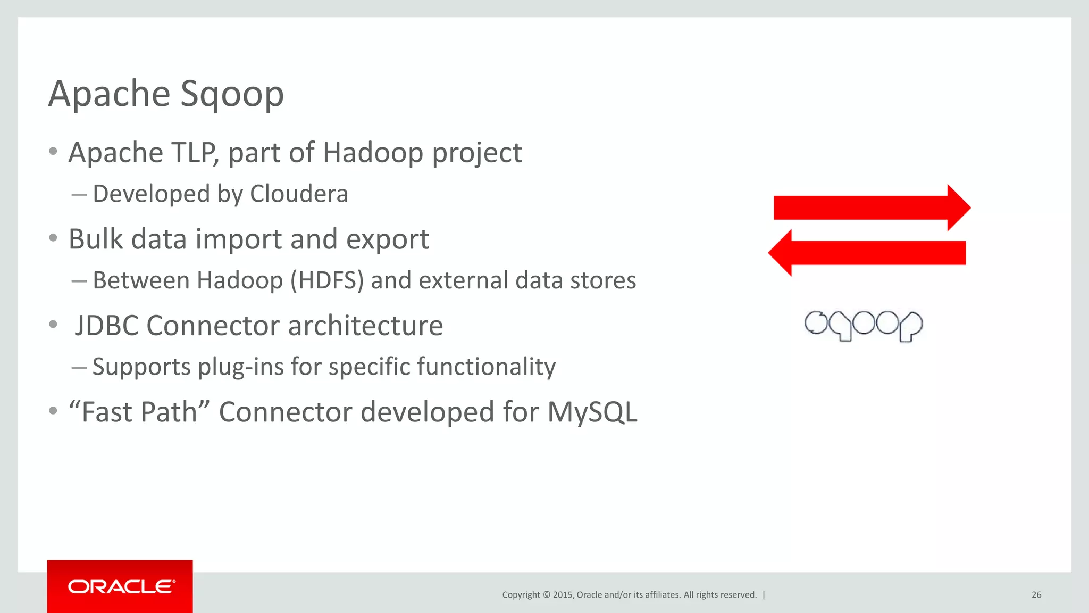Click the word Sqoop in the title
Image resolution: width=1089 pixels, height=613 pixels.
click(232, 95)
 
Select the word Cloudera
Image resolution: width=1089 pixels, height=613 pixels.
click(299, 194)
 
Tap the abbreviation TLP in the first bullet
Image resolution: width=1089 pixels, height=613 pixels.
click(195, 153)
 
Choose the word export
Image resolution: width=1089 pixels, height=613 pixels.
click(387, 240)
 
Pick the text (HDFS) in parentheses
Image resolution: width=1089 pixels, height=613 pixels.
click(327, 280)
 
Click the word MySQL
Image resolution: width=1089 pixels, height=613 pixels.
click(592, 412)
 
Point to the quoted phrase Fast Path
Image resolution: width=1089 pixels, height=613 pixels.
click(140, 412)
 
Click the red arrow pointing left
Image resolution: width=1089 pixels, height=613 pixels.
click(867, 253)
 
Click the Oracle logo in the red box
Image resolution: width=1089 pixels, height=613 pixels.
click(120, 586)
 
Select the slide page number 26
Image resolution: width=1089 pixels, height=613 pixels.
click(1036, 595)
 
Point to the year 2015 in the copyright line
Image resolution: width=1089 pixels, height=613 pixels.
click(563, 595)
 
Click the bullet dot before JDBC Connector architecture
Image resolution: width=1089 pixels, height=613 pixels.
click(53, 325)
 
